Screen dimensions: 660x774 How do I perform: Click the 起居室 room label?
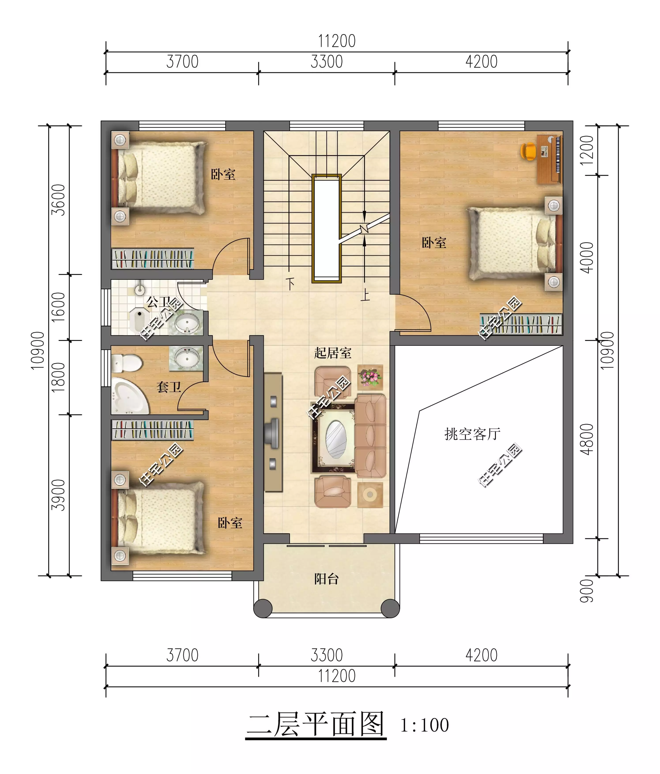332,353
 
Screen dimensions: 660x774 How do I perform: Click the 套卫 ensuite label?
169,387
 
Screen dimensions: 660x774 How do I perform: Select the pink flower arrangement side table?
370,377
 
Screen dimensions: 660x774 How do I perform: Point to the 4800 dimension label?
587,439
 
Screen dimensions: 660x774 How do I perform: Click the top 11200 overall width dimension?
337,41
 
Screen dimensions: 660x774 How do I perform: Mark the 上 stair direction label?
365,295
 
